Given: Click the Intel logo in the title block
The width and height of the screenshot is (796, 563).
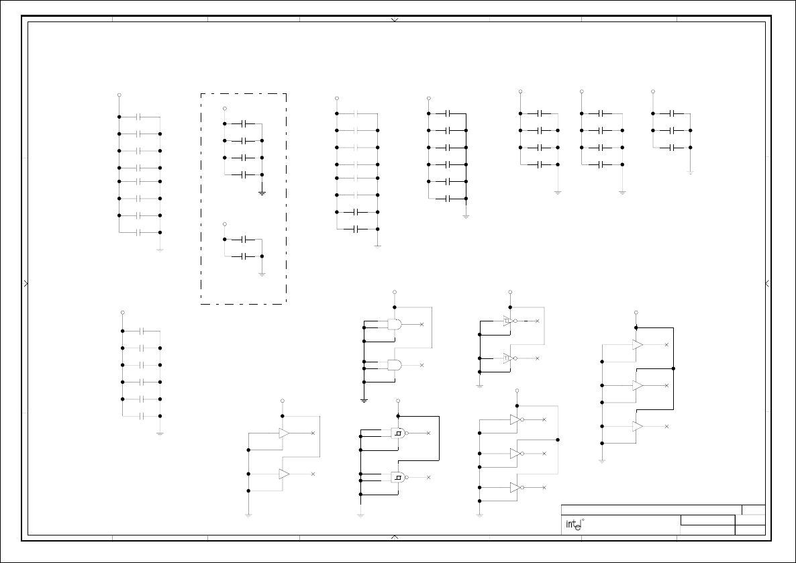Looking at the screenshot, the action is coord(572,525).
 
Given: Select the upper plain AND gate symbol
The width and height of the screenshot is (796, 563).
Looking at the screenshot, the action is coord(395,324).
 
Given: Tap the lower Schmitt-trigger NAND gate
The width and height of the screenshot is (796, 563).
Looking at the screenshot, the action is coord(399,477).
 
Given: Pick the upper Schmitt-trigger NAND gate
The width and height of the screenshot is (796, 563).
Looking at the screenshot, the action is coord(399,433).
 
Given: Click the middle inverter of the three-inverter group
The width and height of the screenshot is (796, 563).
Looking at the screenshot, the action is coord(515,454).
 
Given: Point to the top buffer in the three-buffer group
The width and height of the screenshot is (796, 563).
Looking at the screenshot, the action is coord(637,345).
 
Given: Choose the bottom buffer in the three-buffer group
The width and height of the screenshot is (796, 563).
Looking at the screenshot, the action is coord(637,426).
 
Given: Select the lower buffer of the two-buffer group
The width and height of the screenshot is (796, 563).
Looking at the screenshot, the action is coord(284,474).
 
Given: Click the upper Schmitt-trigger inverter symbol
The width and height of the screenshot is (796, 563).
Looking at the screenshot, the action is coord(509,321).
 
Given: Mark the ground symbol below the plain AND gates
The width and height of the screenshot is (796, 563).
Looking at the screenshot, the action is coord(364,400).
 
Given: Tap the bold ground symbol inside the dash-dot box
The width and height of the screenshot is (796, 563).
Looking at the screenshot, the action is coord(262,193).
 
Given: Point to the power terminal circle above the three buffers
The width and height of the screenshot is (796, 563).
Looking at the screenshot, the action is coord(636,313).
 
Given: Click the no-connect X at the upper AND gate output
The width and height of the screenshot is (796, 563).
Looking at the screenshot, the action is coord(421,324).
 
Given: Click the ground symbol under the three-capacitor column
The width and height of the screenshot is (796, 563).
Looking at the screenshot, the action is coord(690,172).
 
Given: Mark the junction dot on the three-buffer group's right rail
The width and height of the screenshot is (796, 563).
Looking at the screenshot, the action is coord(673,368).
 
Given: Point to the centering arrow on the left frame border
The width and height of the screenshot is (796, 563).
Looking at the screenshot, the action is coord(26,284).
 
